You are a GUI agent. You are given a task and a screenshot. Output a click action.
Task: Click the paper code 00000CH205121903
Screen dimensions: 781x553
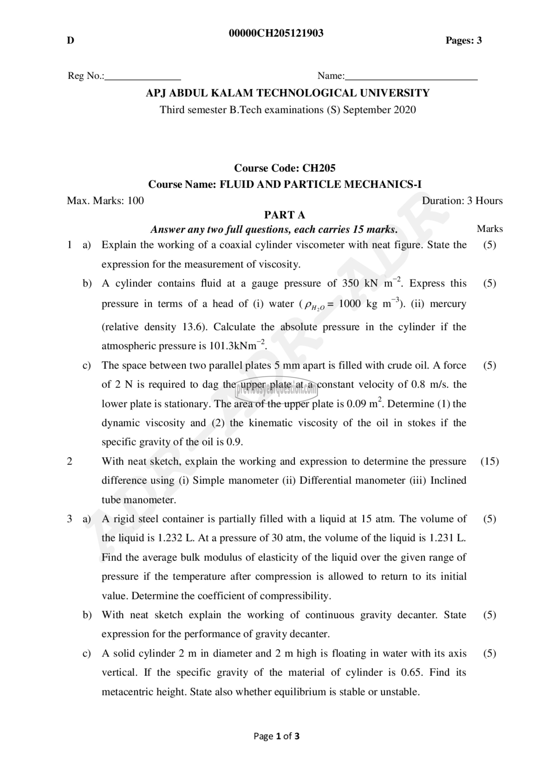tap(276, 33)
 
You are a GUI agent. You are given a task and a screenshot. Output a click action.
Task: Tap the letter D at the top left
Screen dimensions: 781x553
tap(71, 41)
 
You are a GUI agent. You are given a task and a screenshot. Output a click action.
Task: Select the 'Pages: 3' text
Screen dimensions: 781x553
tap(463, 41)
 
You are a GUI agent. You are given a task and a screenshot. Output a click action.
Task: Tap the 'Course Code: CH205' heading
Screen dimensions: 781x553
tap(285, 168)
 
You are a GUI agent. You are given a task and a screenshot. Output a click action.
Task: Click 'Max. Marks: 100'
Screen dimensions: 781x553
tap(105, 201)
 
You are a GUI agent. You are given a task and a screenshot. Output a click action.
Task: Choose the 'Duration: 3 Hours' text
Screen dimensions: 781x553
tap(462, 201)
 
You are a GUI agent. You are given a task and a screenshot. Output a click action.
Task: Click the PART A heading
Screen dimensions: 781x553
tap(285, 215)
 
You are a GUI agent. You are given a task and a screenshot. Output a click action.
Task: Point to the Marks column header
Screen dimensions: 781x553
tap(490, 229)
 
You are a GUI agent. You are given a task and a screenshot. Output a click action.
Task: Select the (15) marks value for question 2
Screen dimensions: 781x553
tap(490, 461)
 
